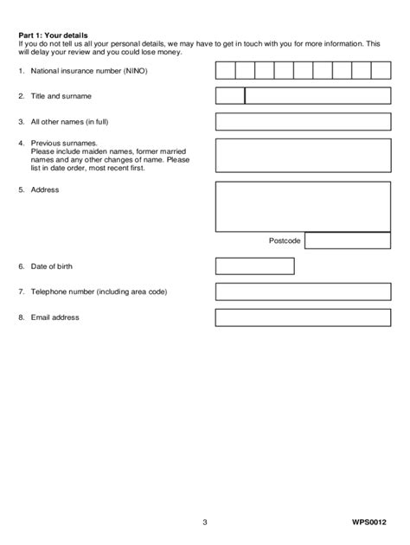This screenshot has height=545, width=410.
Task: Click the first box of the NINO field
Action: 225,70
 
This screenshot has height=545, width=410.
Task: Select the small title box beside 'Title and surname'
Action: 230,96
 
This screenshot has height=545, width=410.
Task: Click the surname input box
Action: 317,96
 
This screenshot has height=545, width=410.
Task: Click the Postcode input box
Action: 348,240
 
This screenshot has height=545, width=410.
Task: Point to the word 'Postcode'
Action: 284,241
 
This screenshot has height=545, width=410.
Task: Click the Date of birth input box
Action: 248,266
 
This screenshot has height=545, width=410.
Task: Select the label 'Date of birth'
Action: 54,266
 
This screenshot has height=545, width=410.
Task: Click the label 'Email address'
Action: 54,317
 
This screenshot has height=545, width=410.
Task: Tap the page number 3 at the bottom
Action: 205,523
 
